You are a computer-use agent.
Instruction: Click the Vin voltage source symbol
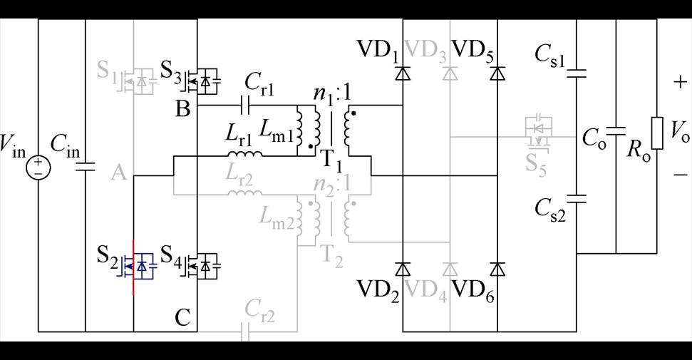37,168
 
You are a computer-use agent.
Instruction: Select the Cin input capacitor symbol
85,168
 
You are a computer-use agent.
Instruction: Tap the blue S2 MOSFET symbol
140,267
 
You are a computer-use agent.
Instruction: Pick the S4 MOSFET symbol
203,267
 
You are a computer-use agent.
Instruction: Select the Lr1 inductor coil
243,154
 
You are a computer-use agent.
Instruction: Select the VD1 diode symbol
403,73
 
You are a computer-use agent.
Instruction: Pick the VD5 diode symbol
497,73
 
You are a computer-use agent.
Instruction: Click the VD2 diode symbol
403,269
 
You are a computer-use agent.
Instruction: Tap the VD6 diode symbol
497,269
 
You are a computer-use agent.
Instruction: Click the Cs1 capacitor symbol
576,72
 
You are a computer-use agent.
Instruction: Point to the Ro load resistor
656,134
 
